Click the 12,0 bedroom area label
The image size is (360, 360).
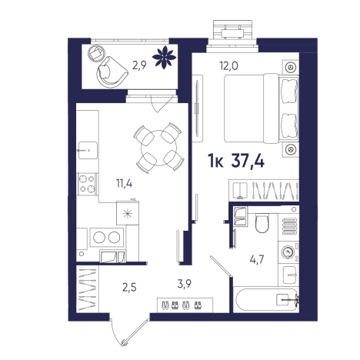coord(228,66)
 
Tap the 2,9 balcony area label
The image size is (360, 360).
coord(139,65)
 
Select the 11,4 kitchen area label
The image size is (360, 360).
coord(124,183)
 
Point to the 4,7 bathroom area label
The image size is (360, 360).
coord(257,259)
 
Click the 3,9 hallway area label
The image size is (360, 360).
coord(185,284)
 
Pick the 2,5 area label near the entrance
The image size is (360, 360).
coord(129,287)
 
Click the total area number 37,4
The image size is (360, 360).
coord(248,162)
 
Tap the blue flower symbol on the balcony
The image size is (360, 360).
coord(164,57)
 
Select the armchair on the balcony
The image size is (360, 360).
coord(112,72)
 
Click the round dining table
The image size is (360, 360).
coord(158,148)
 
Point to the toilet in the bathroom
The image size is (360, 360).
coord(262,223)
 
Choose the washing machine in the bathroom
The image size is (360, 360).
coord(288,252)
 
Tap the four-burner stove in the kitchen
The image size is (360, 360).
coord(87,185)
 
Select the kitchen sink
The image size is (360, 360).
coord(88,150)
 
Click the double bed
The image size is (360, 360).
coord(262,108)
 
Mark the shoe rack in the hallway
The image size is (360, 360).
coord(185,305)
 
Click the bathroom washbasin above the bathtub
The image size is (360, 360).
coord(290,275)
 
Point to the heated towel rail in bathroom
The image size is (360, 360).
coord(289,226)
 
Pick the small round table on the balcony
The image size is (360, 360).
coord(96,53)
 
